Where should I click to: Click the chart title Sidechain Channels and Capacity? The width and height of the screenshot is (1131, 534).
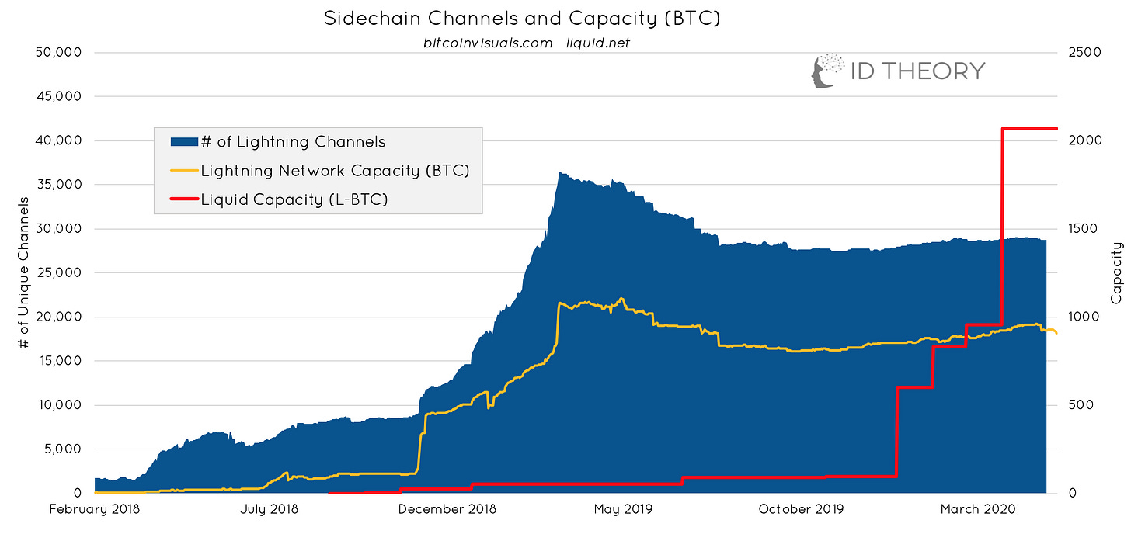click(521, 18)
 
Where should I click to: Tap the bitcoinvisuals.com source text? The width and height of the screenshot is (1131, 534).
click(487, 43)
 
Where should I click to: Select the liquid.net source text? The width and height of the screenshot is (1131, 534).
click(598, 43)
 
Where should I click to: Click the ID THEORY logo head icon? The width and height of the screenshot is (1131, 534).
click(826, 71)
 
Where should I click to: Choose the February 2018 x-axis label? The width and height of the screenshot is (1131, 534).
click(96, 509)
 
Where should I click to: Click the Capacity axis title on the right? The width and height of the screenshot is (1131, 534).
click(1117, 273)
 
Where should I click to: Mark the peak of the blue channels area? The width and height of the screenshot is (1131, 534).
click(560, 173)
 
